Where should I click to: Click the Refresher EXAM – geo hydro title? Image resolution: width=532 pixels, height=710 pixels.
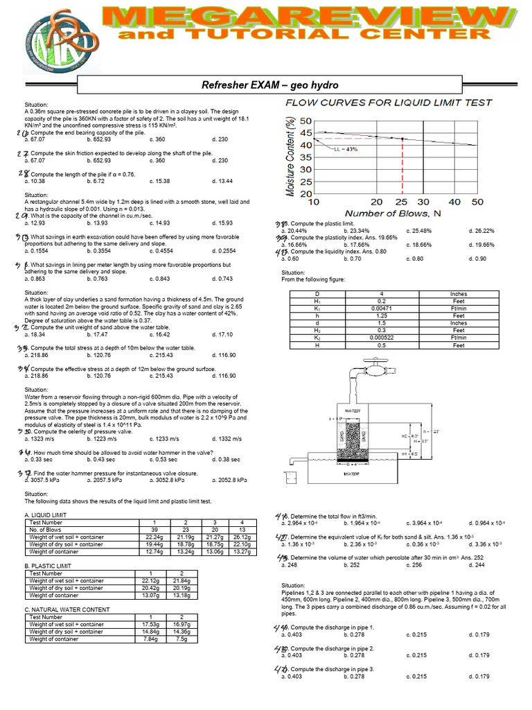click(269, 85)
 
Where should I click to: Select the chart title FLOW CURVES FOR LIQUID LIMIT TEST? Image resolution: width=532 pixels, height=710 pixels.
click(389, 103)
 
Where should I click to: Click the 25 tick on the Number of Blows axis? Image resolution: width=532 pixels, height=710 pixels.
click(402, 202)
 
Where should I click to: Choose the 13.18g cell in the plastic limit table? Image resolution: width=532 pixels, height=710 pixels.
click(179, 595)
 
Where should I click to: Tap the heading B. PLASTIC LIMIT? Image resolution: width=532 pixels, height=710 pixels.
click(47, 566)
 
